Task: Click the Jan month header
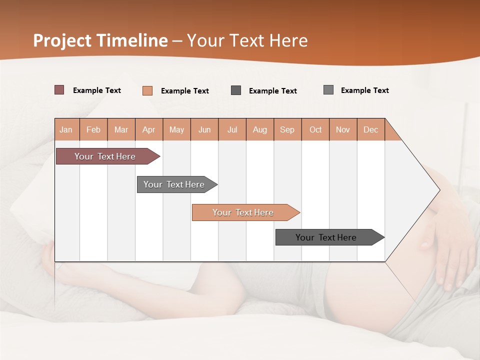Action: click(66, 129)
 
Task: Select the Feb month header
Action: click(93, 129)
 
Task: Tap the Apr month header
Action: click(149, 129)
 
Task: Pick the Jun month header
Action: click(204, 129)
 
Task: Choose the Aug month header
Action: click(260, 129)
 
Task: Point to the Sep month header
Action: click(287, 129)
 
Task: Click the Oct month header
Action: click(315, 129)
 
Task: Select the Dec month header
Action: click(371, 129)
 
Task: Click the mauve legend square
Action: click(59, 90)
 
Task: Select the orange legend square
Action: click(147, 90)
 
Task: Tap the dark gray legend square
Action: click(236, 90)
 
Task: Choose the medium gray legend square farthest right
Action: click(328, 90)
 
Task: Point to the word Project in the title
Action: click(62, 40)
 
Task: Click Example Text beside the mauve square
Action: click(97, 90)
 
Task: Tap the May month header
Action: click(176, 129)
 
